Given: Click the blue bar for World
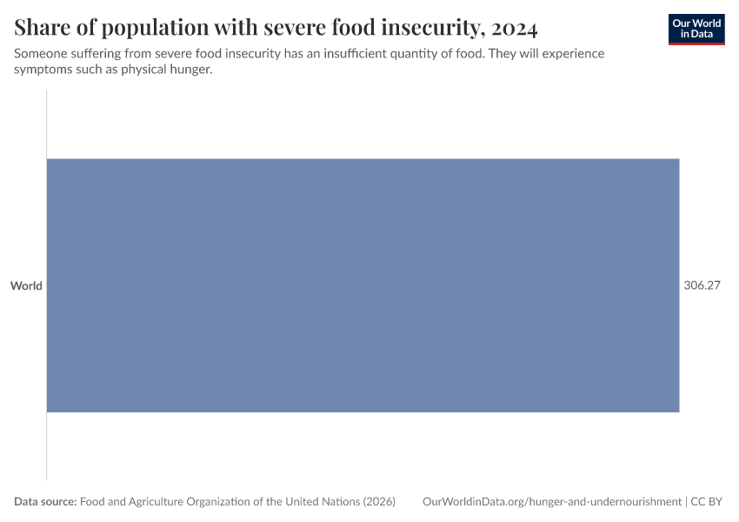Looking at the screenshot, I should pyautogui.click(x=363, y=285).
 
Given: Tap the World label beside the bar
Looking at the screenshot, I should pyautogui.click(x=26, y=285).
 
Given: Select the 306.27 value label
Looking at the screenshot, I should pyautogui.click(x=702, y=285).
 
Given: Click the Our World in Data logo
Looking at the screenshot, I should pyautogui.click(x=696, y=29).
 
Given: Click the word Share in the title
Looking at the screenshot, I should pyautogui.click(x=39, y=28).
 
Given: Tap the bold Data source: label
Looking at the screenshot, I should pyautogui.click(x=45, y=502).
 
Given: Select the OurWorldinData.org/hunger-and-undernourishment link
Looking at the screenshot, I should pyautogui.click(x=551, y=502).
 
